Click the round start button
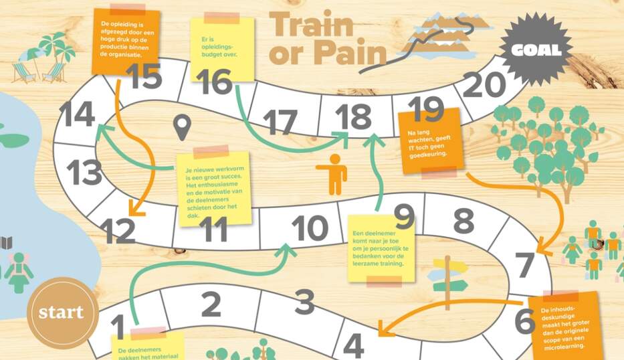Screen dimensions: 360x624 click(x=62, y=312)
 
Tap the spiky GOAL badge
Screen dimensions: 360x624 click(x=538, y=50)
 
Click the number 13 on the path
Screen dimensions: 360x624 click(x=84, y=173)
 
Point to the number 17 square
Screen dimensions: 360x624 click(x=280, y=122)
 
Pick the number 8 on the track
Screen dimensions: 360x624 click(x=463, y=220)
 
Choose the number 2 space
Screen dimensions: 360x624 click(x=211, y=304)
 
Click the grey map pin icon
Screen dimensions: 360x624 click(x=181, y=127)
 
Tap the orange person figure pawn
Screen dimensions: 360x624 click(x=332, y=173)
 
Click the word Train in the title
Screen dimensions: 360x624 click(x=311, y=25)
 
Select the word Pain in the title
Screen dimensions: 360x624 click(x=348, y=53)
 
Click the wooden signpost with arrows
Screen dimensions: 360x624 click(x=449, y=275)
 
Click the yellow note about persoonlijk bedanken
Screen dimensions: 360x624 click(x=381, y=248)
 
